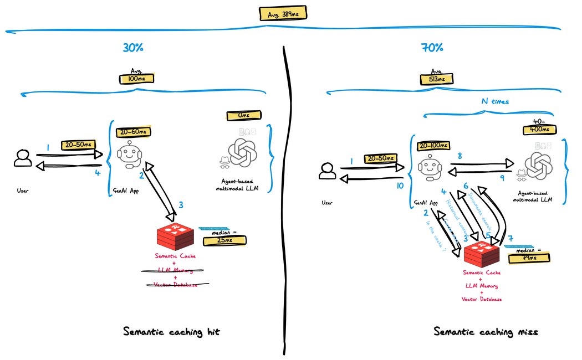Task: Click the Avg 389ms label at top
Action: point(282,13)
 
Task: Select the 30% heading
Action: point(134,48)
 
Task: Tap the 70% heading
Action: point(432,48)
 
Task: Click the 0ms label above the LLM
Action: point(244,115)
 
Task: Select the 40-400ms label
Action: point(539,129)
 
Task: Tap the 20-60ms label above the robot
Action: point(134,132)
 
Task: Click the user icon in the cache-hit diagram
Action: point(23,158)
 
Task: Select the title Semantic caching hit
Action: point(175,332)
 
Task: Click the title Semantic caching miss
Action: point(486,332)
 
